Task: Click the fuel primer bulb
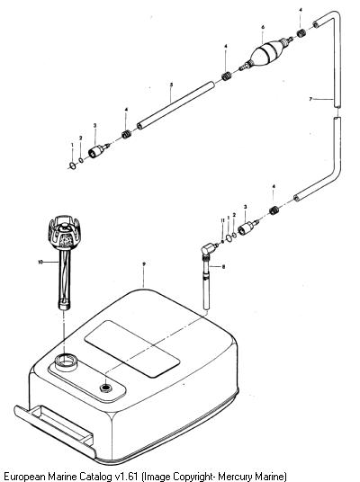[265, 52]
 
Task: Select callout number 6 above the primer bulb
[263, 27]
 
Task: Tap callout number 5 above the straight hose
[171, 85]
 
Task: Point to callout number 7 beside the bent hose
[310, 99]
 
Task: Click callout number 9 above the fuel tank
[144, 263]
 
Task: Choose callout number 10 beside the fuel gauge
[40, 262]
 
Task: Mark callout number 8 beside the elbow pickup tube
[223, 266]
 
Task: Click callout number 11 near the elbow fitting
[223, 220]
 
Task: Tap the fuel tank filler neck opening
[66, 362]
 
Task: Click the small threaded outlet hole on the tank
[106, 388]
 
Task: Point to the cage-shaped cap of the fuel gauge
[64, 232]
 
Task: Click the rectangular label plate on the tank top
[132, 349]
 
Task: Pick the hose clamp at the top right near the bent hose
[301, 33]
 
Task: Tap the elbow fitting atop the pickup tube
[208, 248]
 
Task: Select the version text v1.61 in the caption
[127, 477]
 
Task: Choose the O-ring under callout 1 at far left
[73, 166]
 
